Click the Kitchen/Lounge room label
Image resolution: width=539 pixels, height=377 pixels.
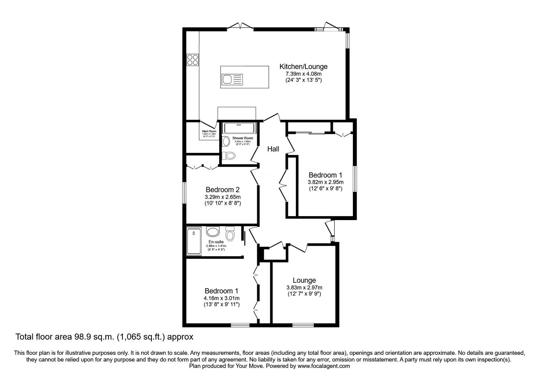pyautogui.click(x=304, y=67)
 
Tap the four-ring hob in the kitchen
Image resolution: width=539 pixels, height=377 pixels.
pyautogui.click(x=193, y=60)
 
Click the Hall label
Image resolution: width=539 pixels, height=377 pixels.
pyautogui.click(x=273, y=149)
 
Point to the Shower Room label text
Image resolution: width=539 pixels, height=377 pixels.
pyautogui.click(x=242, y=138)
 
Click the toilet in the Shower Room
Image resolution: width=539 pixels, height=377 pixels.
pyautogui.click(x=230, y=156)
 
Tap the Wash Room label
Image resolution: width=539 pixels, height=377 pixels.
pyautogui.click(x=209, y=131)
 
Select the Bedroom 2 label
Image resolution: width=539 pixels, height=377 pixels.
pyautogui.click(x=222, y=190)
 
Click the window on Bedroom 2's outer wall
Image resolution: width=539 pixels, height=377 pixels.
pyautogui.click(x=185, y=193)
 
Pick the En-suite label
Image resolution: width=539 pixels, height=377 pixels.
pyautogui.click(x=216, y=242)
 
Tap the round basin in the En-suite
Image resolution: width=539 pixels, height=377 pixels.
pyautogui.click(x=213, y=232)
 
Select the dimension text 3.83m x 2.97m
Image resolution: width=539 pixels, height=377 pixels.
pyautogui.click(x=304, y=287)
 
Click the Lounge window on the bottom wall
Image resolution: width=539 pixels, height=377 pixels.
pyautogui.click(x=303, y=325)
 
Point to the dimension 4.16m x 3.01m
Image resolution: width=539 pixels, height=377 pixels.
pyautogui.click(x=221, y=298)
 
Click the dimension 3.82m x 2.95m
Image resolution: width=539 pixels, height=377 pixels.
pyautogui.click(x=325, y=182)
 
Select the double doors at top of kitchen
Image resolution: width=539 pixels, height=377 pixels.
pyautogui.click(x=240, y=26)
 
